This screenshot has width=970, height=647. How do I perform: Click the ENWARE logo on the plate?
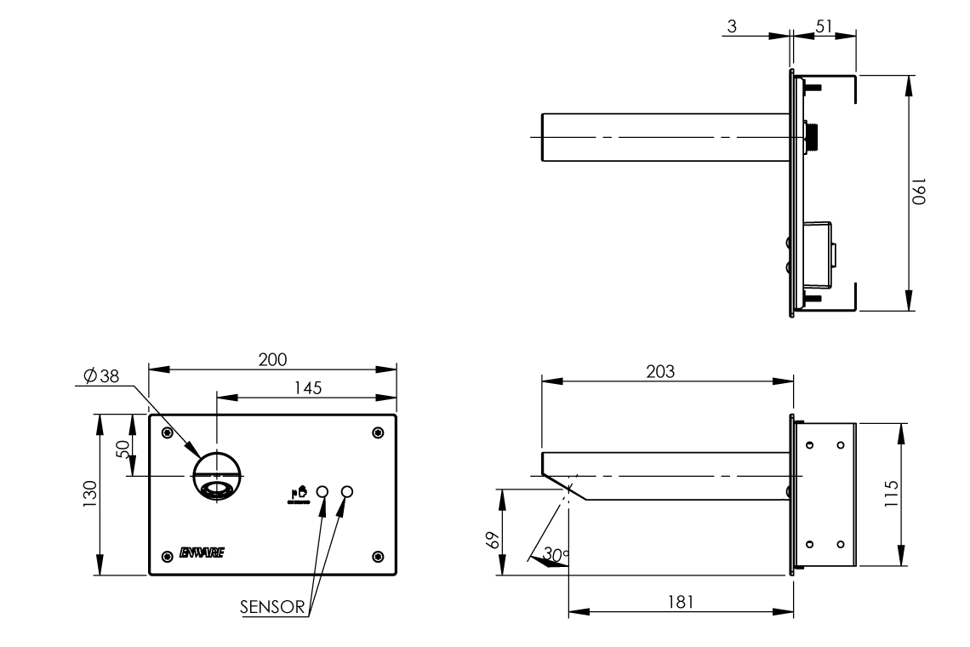point(202,553)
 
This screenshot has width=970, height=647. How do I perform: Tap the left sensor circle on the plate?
point(322,492)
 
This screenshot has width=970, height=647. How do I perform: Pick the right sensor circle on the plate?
point(347,492)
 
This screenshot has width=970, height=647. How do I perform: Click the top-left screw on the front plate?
point(168,433)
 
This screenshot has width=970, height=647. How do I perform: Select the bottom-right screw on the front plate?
point(378,557)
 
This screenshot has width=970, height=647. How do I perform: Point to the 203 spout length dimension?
point(660,371)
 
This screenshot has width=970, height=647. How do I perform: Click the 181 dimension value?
point(681,601)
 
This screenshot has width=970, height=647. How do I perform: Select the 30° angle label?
point(556,555)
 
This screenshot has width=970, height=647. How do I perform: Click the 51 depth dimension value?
point(824,26)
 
